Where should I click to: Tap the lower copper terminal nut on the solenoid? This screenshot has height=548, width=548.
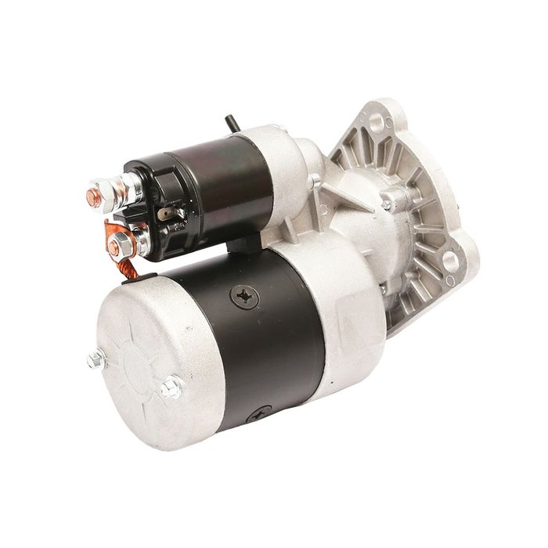coord(114,247)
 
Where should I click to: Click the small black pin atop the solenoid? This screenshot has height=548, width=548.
coord(229,124)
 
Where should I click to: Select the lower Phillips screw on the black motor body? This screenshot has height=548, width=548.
coord(258,413)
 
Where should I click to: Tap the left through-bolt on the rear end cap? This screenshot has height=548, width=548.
coord(96,359)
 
